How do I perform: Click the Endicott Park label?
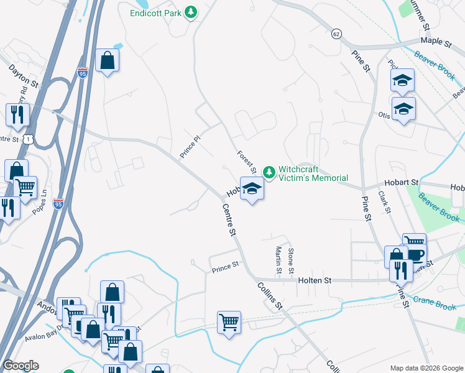point(156,12)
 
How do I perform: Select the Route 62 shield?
point(336,33)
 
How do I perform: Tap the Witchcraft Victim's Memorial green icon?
point(269,172)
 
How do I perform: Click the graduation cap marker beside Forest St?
point(252,189)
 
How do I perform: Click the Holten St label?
point(314,281)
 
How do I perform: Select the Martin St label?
point(279,260)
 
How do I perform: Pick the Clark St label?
point(384,203)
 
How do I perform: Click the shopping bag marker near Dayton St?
point(108,61)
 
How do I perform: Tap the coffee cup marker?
point(415,255)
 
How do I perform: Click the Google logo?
point(21,366)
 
